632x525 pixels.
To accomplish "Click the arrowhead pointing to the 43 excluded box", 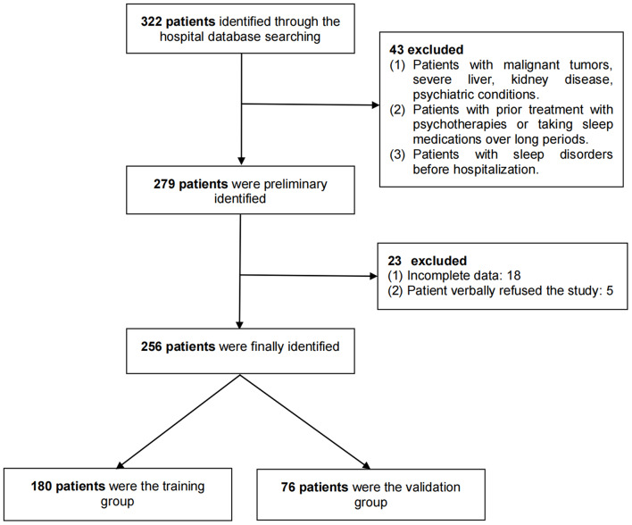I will [374, 105].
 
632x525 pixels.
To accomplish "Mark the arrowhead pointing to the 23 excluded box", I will [374, 275].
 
